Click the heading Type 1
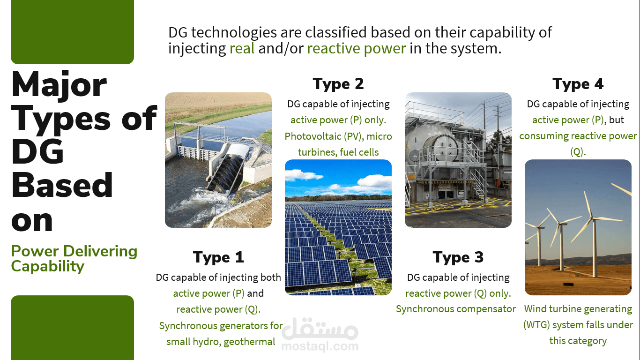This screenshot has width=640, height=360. [x=218, y=257]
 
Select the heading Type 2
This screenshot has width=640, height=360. [x=338, y=84]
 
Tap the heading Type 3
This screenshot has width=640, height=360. [x=458, y=257]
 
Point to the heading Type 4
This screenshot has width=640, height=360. [x=578, y=84]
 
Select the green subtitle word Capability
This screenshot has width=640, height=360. [x=48, y=267]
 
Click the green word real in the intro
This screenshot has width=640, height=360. [x=242, y=48]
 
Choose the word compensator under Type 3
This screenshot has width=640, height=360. [x=486, y=309]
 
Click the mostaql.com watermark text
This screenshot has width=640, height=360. [x=320, y=346]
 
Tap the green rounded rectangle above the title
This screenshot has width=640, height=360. [x=72, y=32]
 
